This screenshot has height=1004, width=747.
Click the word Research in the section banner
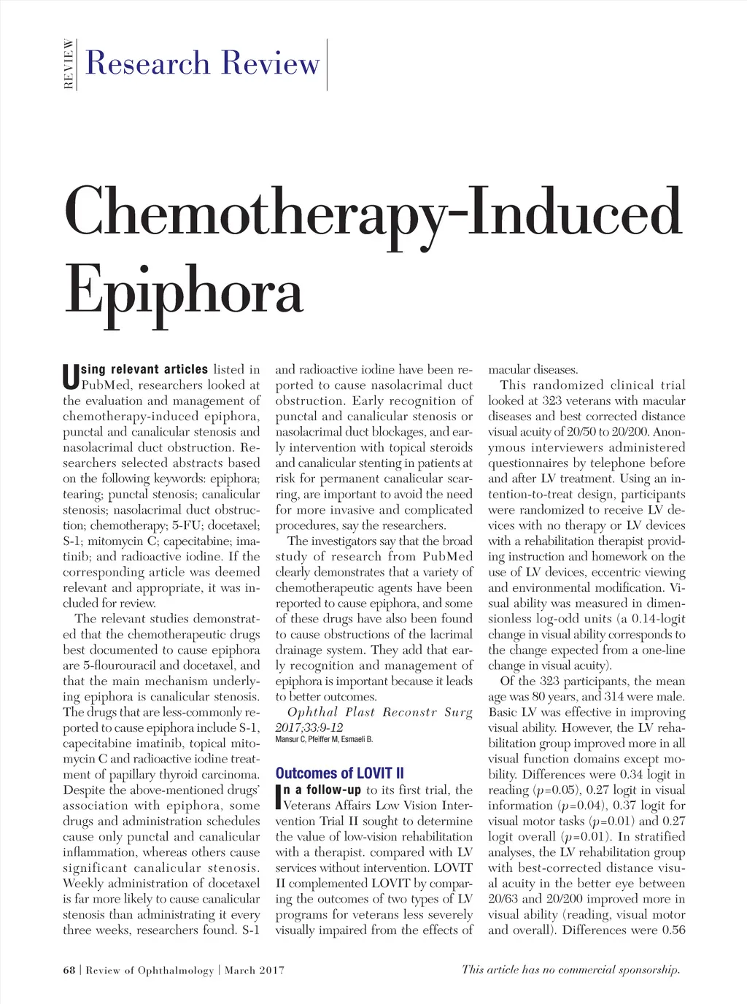[148, 63]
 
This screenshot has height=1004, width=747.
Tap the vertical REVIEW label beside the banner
[69, 64]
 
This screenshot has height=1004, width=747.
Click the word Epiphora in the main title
[183, 290]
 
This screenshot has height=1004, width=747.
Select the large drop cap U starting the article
[70, 377]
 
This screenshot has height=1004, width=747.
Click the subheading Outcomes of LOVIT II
[339, 773]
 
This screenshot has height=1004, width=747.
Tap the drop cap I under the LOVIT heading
[278, 797]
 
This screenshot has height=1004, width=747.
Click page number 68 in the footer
[69, 970]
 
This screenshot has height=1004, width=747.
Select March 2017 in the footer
[255, 970]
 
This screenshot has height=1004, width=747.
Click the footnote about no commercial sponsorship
[571, 970]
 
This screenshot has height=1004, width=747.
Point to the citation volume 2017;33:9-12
[309, 727]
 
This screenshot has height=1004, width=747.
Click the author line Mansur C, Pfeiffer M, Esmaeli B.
[324, 739]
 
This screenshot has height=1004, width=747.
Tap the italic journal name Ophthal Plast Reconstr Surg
[380, 712]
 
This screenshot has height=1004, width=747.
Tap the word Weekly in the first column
[83, 884]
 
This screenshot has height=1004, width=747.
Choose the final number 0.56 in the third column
[672, 930]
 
